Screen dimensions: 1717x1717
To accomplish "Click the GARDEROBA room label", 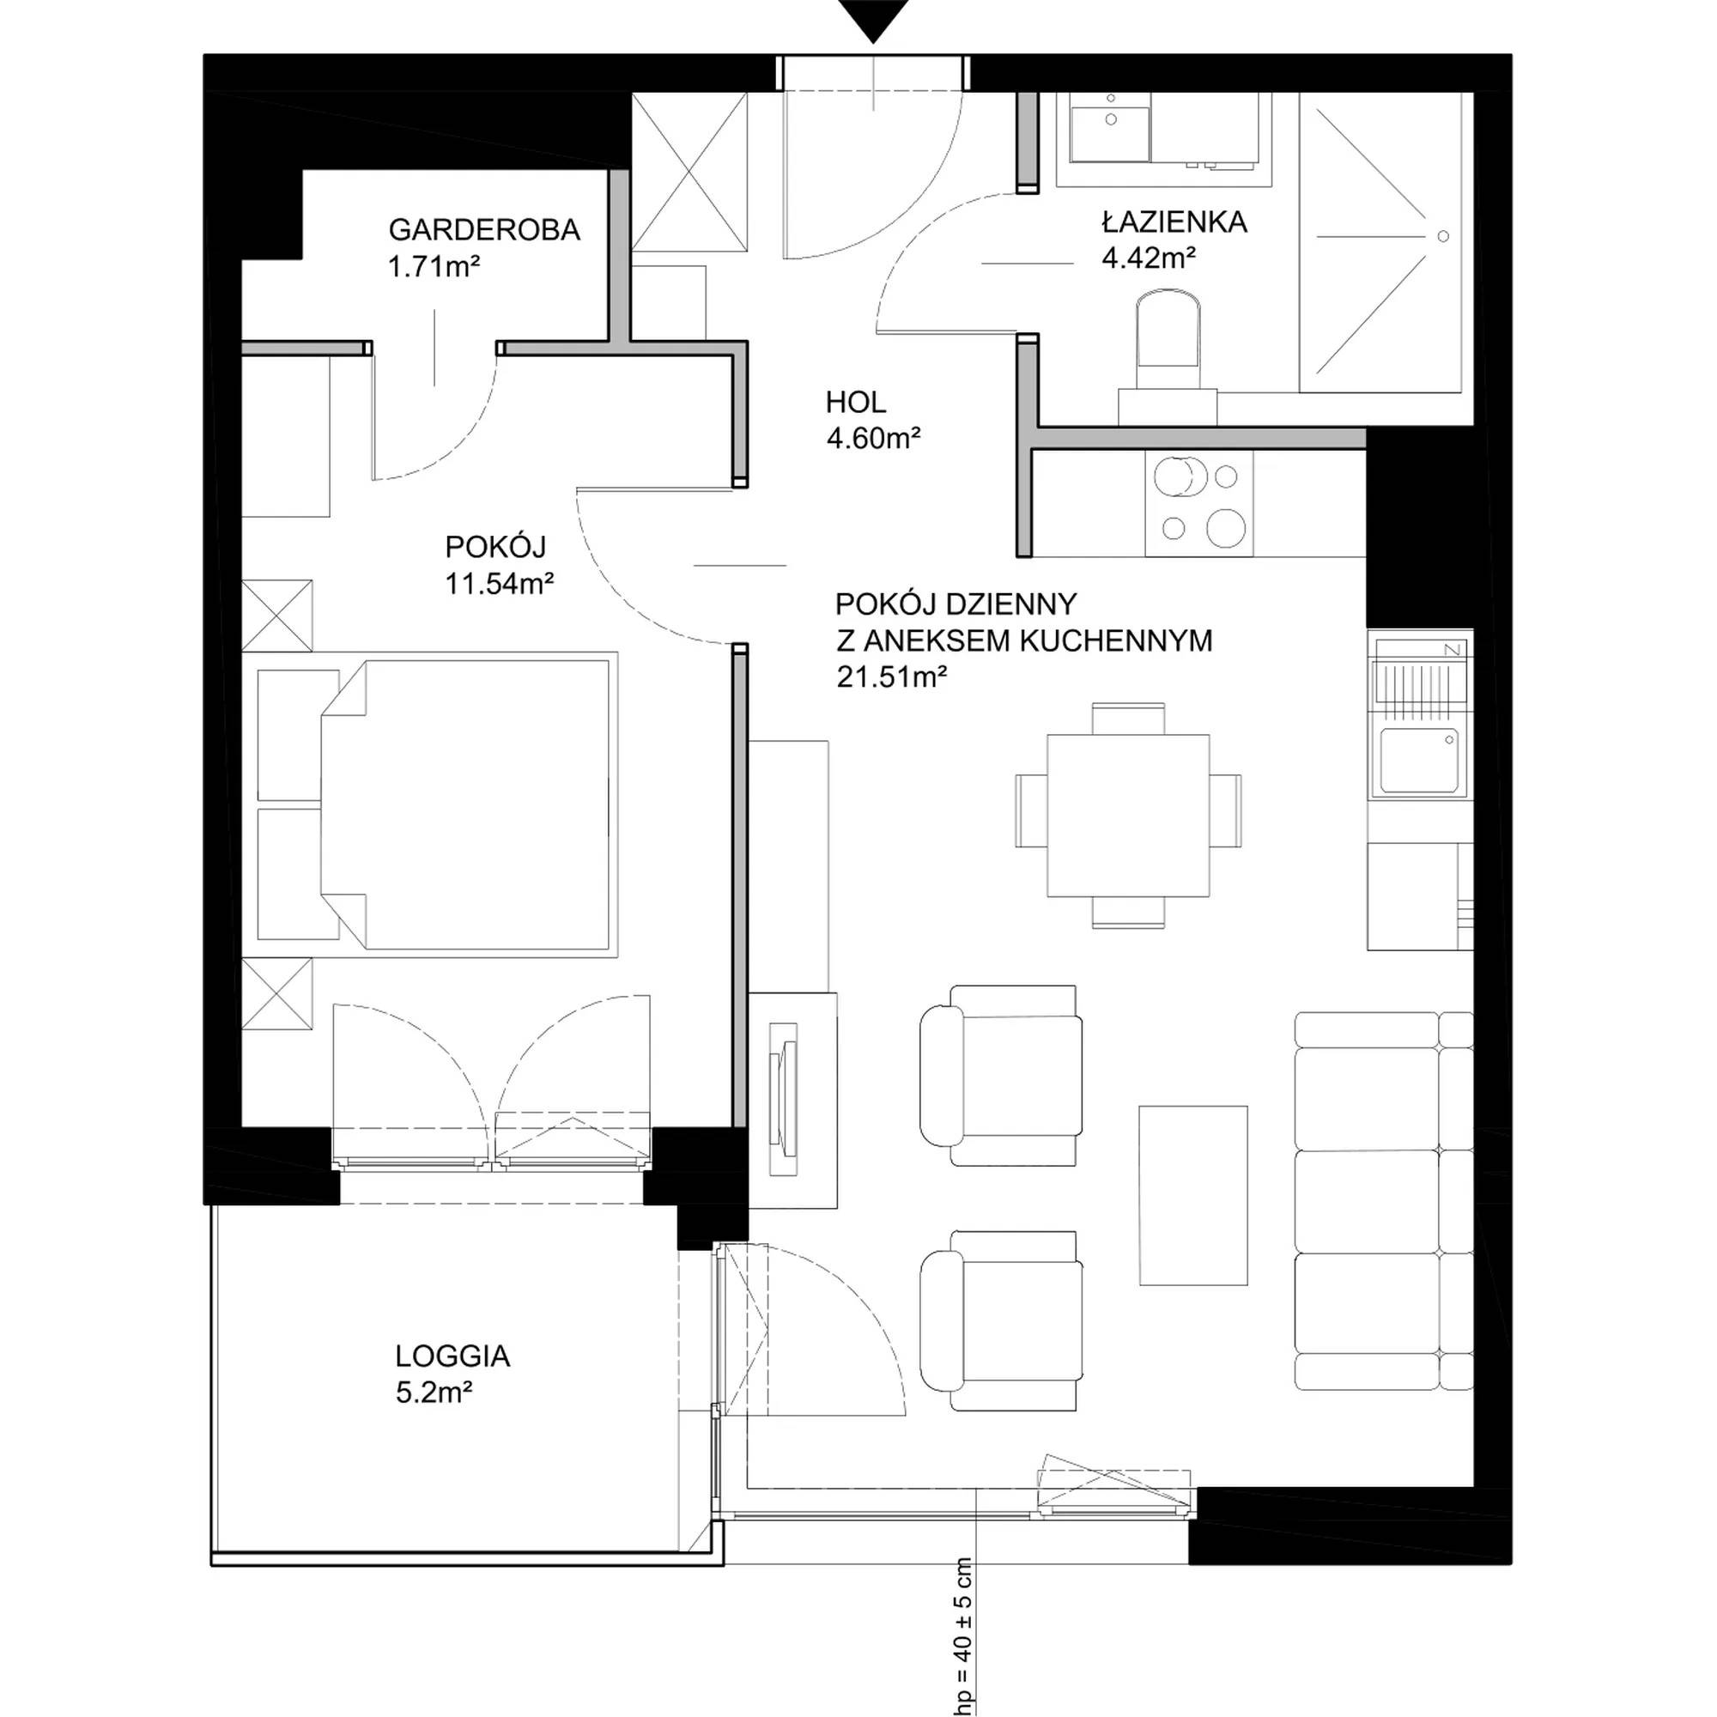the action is pyautogui.click(x=484, y=229).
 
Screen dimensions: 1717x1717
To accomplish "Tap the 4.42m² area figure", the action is pyautogui.click(x=1148, y=258).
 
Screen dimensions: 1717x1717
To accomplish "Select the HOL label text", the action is pyautogui.click(x=856, y=403).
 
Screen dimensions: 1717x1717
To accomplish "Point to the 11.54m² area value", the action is pyautogui.click(x=500, y=583).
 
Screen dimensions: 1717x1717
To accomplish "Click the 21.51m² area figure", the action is pyautogui.click(x=891, y=677).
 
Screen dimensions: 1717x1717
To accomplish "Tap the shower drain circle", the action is pyautogui.click(x=1443, y=235).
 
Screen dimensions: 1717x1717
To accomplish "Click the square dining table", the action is pyautogui.click(x=1128, y=815).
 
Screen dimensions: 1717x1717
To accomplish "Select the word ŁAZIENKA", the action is pyautogui.click(x=1174, y=221).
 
